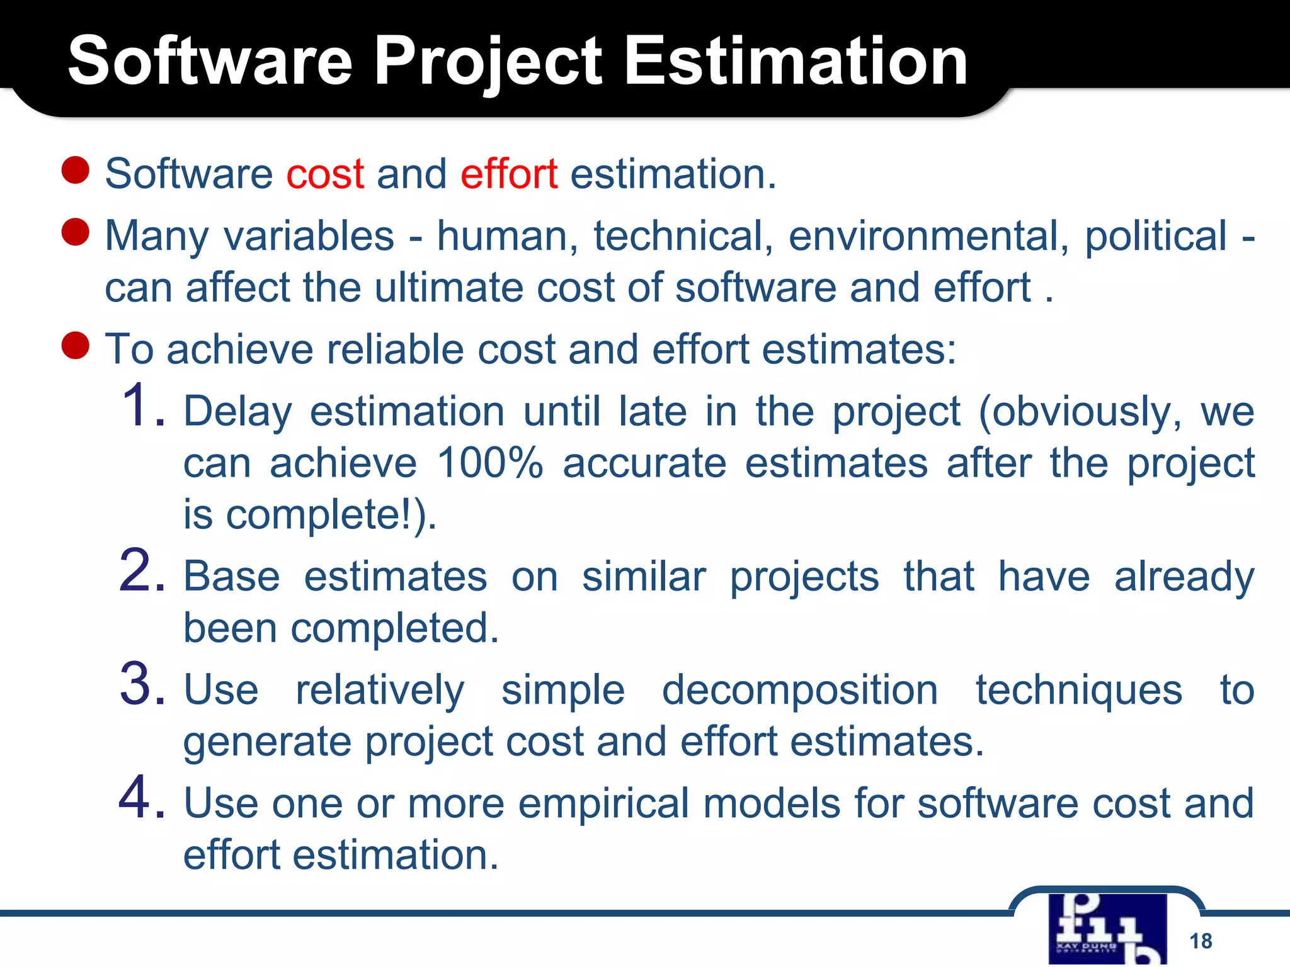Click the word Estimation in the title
pos(795,61)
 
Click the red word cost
pos(325,174)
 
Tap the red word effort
pos(509,174)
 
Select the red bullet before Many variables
pos(76,232)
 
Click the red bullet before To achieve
pos(76,346)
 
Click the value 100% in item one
pos(489,463)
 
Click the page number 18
pos(1201,941)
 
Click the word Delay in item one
pos(237,412)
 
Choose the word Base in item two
pos(231,577)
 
